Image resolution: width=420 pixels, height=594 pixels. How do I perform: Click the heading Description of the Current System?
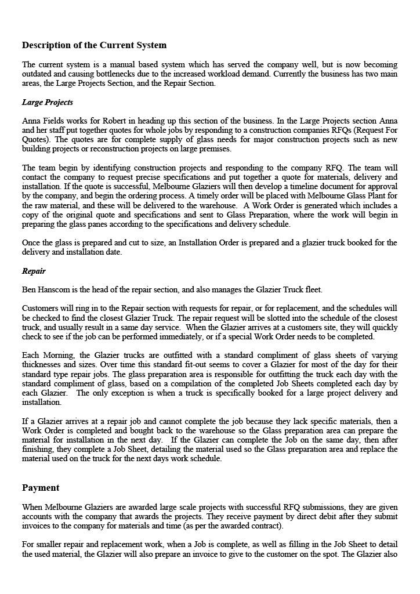(x=94, y=45)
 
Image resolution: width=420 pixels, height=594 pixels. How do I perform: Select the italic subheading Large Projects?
(x=48, y=102)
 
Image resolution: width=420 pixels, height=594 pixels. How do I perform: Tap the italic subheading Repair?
(x=34, y=271)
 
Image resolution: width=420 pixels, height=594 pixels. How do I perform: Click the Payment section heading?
(x=41, y=488)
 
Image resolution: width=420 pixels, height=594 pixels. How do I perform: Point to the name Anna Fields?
(x=42, y=121)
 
